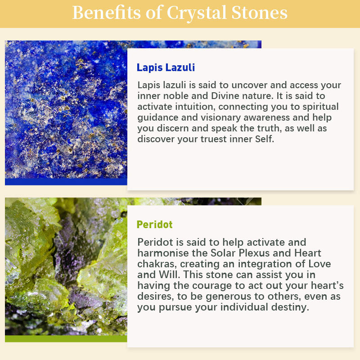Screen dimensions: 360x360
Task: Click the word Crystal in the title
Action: (x=197, y=13)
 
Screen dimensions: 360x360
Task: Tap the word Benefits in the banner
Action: (x=106, y=13)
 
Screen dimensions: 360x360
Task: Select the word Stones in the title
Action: (x=259, y=13)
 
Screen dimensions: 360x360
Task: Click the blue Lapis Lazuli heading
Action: (x=166, y=67)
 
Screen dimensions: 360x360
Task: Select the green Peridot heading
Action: (x=154, y=225)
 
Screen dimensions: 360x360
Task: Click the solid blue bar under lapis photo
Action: (x=66, y=182)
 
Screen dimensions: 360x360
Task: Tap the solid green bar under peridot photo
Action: (x=66, y=339)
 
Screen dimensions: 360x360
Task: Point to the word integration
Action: (x=265, y=264)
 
